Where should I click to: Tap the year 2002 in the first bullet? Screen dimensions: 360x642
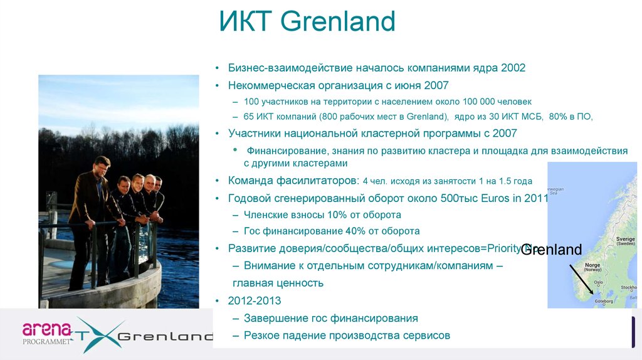pyautogui.click(x=513, y=68)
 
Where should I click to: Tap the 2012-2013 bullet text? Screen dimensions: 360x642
pyautogui.click(x=255, y=300)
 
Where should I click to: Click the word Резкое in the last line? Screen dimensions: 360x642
pyautogui.click(x=262, y=336)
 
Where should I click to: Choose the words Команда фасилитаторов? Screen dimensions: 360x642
pyautogui.click(x=293, y=181)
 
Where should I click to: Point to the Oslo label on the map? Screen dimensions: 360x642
pyautogui.click(x=598, y=283)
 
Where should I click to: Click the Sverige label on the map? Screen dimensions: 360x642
pyautogui.click(x=625, y=240)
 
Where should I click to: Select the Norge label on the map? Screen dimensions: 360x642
pyautogui.click(x=592, y=265)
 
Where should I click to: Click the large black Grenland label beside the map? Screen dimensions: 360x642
pyautogui.click(x=552, y=250)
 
